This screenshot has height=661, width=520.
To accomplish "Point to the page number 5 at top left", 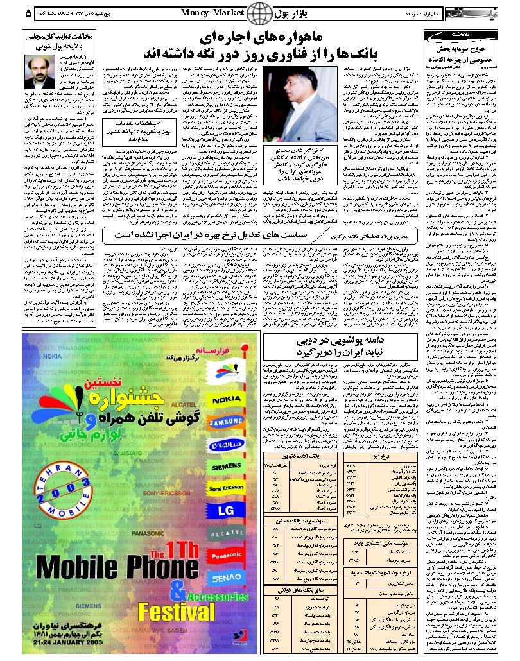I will (x=10, y=12).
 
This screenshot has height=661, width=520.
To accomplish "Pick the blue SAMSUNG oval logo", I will (x=226, y=422).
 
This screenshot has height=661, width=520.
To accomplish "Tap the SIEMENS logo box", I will (x=226, y=467).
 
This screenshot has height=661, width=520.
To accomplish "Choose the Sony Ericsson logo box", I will (x=226, y=489).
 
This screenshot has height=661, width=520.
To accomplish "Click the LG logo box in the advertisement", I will (x=226, y=511).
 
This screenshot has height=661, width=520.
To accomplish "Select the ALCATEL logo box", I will (x=226, y=533).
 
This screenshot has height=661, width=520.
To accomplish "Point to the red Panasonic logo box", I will (x=226, y=556).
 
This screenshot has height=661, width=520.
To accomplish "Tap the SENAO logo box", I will (x=226, y=578).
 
